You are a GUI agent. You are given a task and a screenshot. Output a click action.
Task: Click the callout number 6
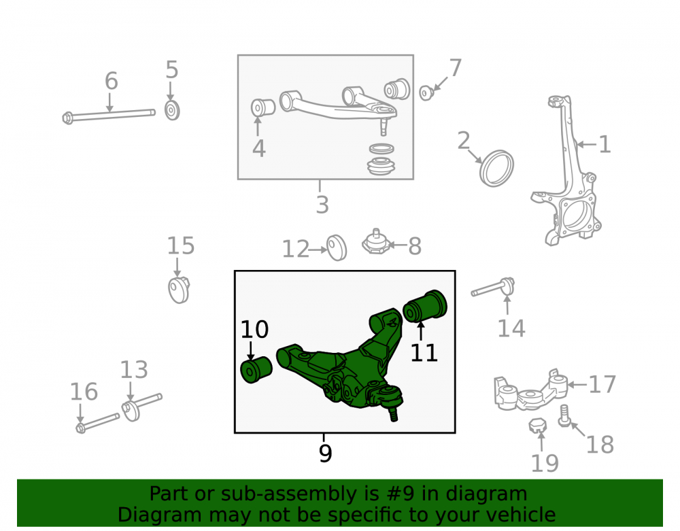[112, 81]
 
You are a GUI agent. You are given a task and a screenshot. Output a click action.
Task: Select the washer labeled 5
[172, 111]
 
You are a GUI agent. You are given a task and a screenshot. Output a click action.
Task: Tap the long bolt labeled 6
[109, 116]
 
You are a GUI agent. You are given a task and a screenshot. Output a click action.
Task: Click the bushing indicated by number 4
[262, 107]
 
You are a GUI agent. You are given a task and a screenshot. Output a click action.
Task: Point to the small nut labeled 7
[427, 92]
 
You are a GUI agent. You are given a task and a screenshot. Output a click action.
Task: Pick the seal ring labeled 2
[496, 168]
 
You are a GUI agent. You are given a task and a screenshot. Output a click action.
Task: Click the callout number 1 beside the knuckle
[605, 144]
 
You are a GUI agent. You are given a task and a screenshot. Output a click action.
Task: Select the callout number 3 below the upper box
[322, 205]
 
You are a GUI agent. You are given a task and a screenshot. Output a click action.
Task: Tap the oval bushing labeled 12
[337, 247]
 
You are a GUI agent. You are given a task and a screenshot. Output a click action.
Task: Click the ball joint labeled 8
[375, 242]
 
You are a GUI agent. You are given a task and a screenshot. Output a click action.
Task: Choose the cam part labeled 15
[179, 290]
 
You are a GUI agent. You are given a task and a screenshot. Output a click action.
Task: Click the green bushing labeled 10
[256, 369]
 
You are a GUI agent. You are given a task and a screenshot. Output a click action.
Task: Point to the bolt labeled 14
[493, 288]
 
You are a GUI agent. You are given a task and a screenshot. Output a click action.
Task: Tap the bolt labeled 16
[97, 423]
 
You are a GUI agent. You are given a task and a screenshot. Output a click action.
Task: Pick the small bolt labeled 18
[564, 415]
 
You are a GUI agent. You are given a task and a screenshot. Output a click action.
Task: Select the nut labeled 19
[538, 425]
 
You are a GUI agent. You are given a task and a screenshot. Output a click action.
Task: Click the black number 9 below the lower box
[325, 453]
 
